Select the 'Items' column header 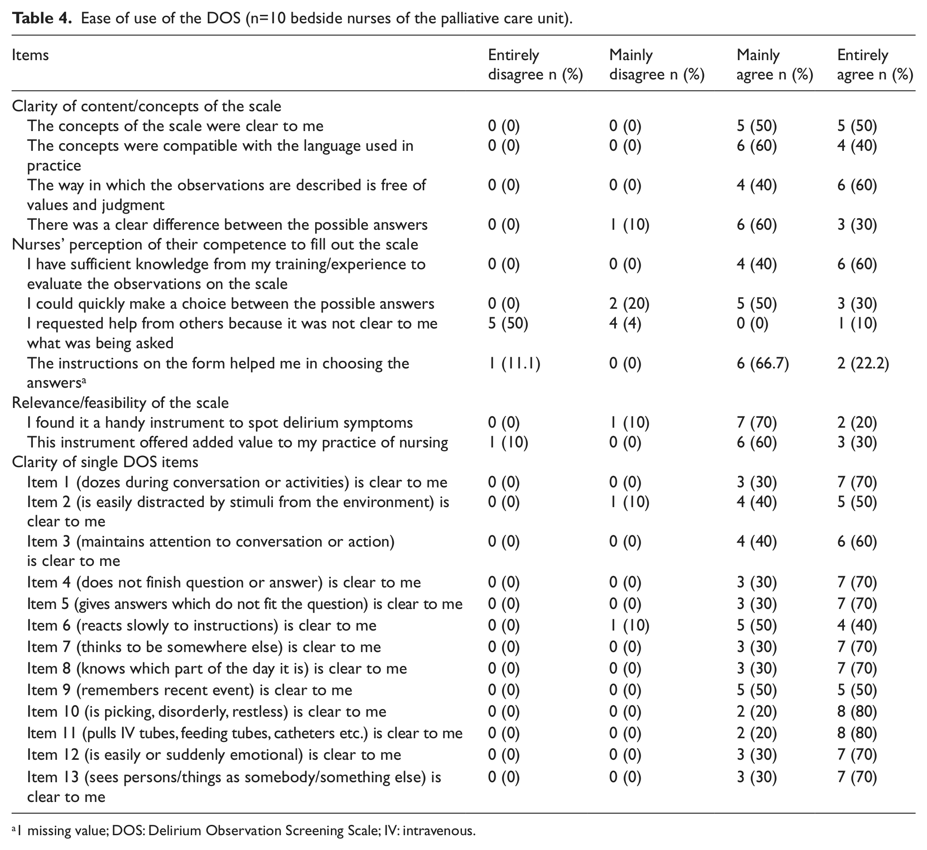pyautogui.click(x=31, y=55)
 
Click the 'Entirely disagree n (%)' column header pyautogui.click(x=536, y=65)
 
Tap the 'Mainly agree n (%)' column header pyautogui.click(x=775, y=65)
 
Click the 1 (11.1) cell pyautogui.click(x=514, y=364)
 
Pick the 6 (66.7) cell pyautogui.click(x=763, y=364)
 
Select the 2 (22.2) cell pyautogui.click(x=863, y=364)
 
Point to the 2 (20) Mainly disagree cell pyautogui.click(x=629, y=304)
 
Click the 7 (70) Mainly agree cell pyautogui.click(x=757, y=423)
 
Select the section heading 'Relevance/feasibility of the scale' pyautogui.click(x=120, y=403)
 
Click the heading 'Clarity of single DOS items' pyautogui.click(x=105, y=462)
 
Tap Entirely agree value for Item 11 pyautogui.click(x=857, y=733)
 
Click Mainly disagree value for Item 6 pyautogui.click(x=629, y=626)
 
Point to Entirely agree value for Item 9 pyautogui.click(x=857, y=690)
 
